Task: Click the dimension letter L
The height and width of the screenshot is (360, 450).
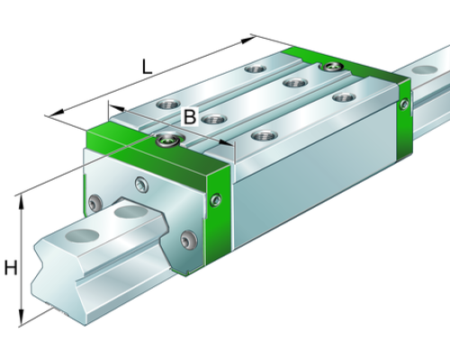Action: click(x=147, y=67)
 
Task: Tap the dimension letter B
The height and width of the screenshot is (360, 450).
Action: click(x=190, y=116)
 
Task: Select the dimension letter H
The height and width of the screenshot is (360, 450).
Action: click(x=11, y=267)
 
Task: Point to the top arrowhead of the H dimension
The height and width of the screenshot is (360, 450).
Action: click(x=22, y=202)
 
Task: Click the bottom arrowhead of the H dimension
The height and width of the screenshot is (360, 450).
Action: click(x=21, y=318)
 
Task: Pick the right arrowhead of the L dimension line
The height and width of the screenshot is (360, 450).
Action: click(x=248, y=40)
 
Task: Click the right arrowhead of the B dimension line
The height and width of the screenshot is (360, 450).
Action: click(x=226, y=143)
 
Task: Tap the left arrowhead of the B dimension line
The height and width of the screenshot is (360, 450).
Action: click(x=116, y=107)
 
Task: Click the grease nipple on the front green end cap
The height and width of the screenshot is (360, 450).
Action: click(x=168, y=139)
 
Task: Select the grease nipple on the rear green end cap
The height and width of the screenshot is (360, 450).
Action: click(x=332, y=67)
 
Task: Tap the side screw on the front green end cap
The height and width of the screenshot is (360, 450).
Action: click(x=216, y=200)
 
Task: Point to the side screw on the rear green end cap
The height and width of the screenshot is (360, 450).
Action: click(x=404, y=104)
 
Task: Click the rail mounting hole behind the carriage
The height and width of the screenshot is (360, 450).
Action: click(x=425, y=70)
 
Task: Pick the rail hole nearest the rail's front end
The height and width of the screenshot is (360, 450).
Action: click(x=82, y=234)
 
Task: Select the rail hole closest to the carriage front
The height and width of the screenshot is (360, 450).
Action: click(x=130, y=211)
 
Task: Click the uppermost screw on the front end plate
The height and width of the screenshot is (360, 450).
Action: click(x=141, y=184)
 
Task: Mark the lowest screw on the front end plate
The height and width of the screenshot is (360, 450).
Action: click(x=189, y=239)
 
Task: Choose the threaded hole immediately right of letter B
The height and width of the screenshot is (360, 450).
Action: click(x=213, y=119)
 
